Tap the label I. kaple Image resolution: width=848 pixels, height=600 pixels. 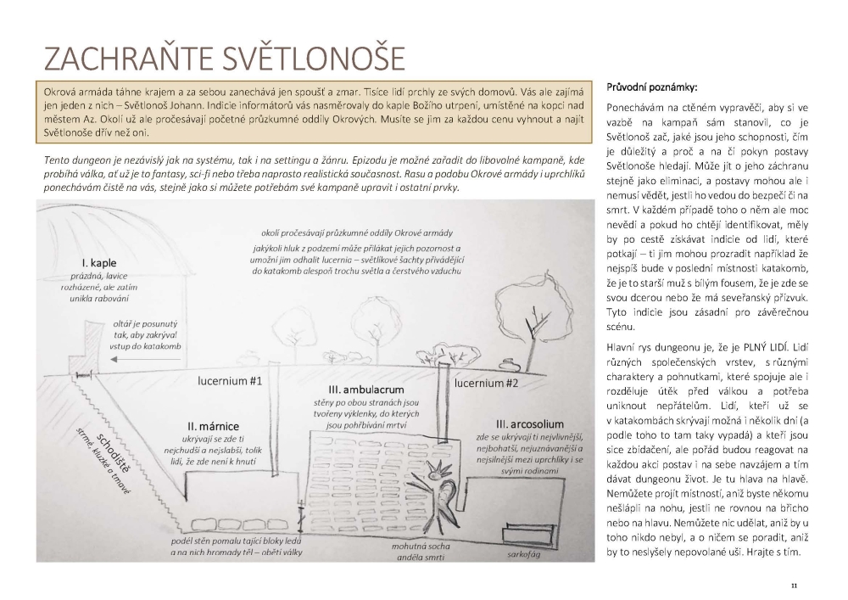pyautogui.click(x=99, y=261)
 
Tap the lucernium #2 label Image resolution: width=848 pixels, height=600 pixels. pyautogui.click(x=487, y=383)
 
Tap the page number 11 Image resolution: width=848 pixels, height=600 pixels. pyautogui.click(x=794, y=586)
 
